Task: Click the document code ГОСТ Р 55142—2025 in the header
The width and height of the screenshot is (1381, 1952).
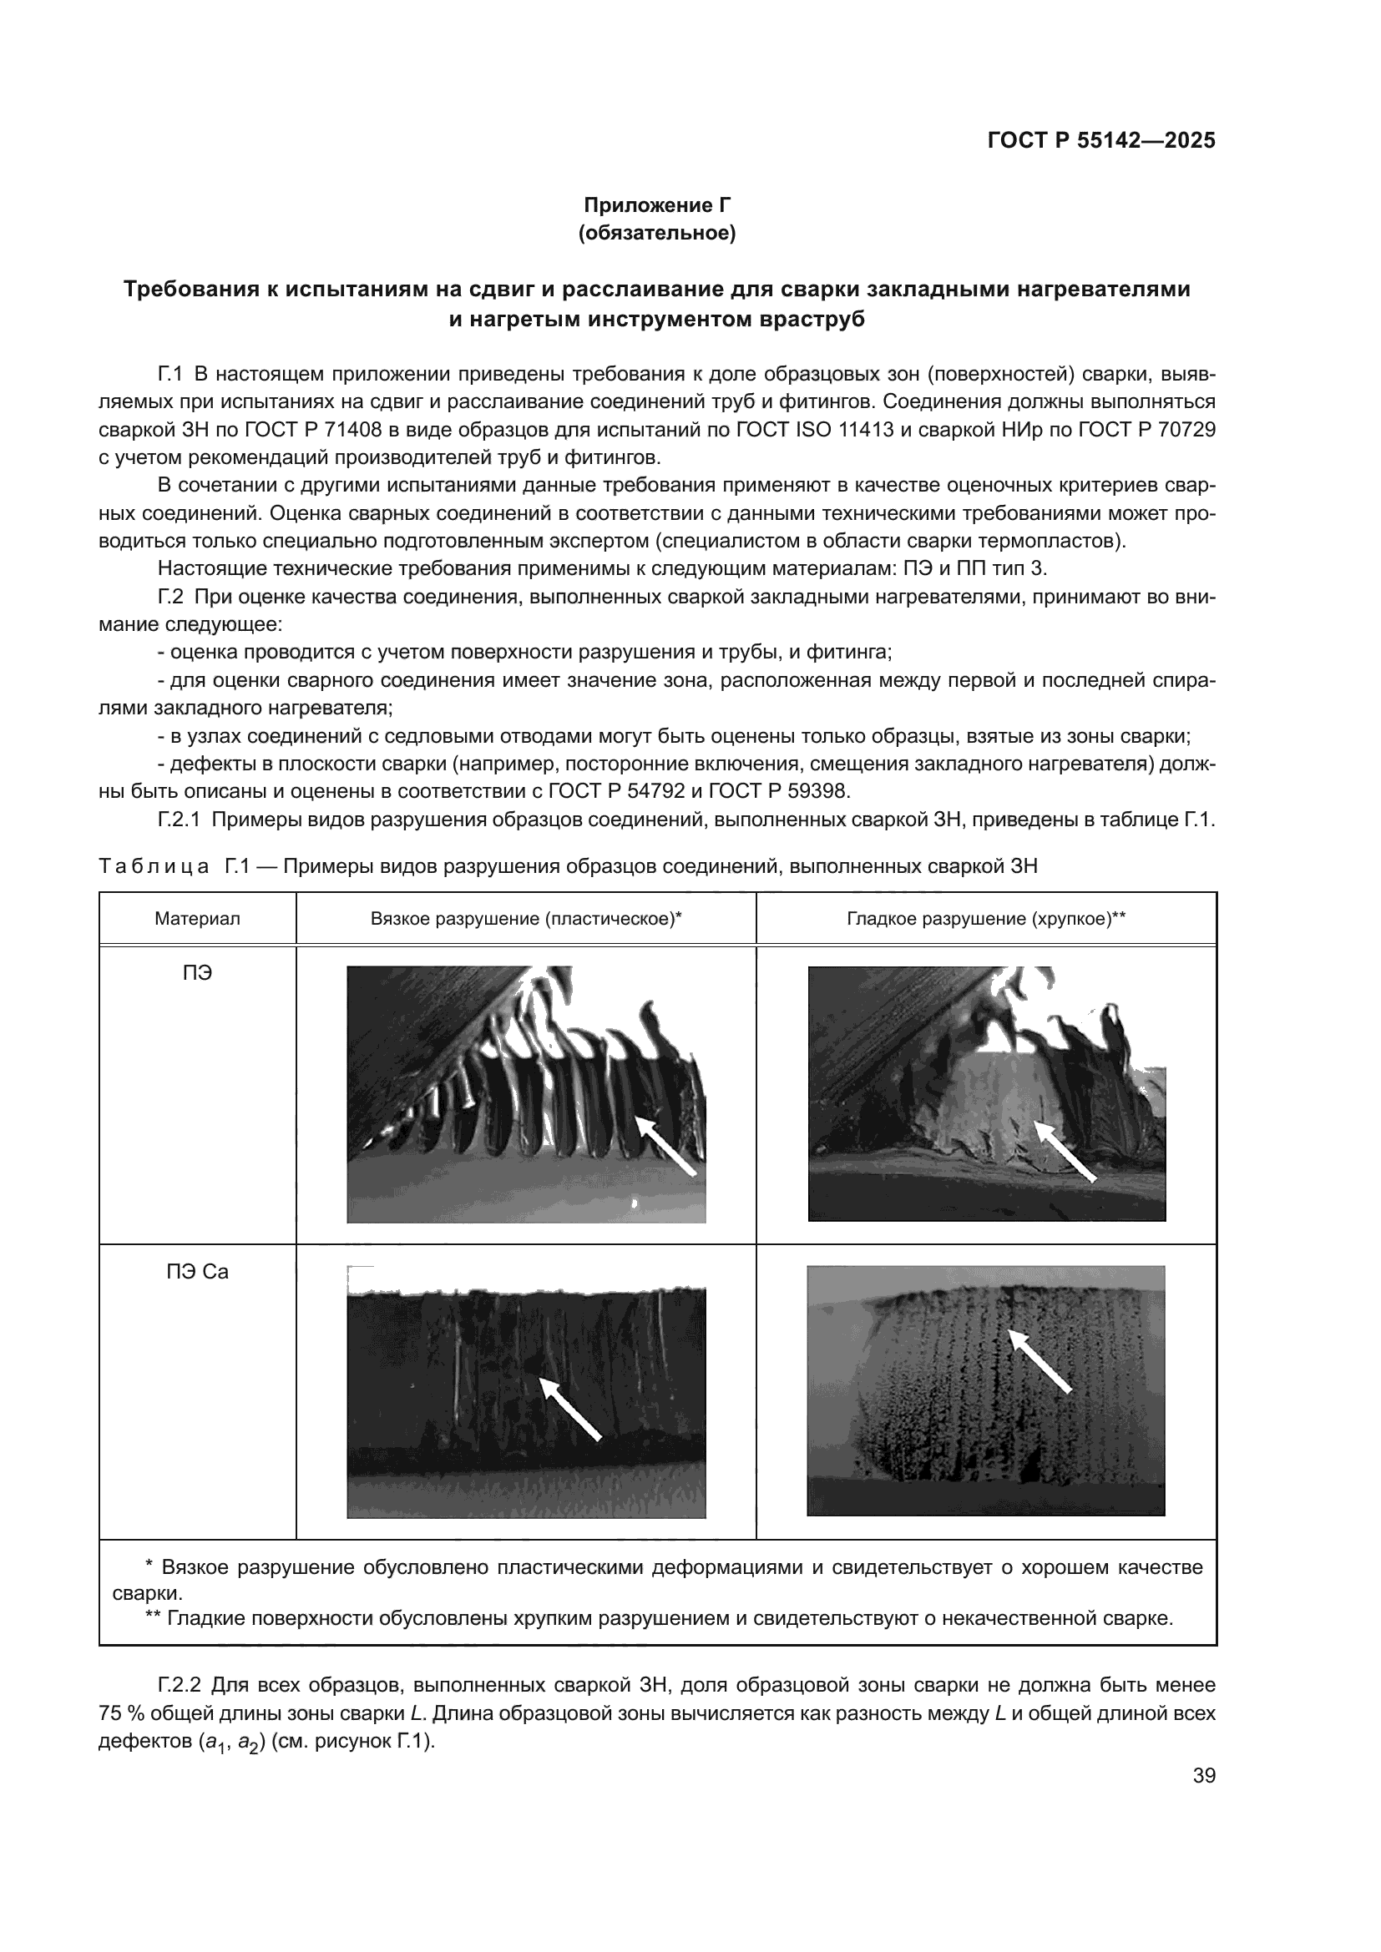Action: [1101, 141]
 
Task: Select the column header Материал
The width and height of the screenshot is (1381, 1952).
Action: [197, 919]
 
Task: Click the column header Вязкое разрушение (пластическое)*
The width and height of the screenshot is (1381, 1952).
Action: [526, 919]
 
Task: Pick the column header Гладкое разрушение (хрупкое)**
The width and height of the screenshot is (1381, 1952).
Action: [985, 919]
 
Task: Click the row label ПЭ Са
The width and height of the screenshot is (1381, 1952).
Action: [197, 1272]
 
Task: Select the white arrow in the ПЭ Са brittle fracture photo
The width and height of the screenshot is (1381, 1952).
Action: [1040, 1361]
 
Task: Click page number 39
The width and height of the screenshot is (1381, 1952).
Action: [1203, 1776]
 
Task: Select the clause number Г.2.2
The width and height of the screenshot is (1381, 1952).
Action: [179, 1685]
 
